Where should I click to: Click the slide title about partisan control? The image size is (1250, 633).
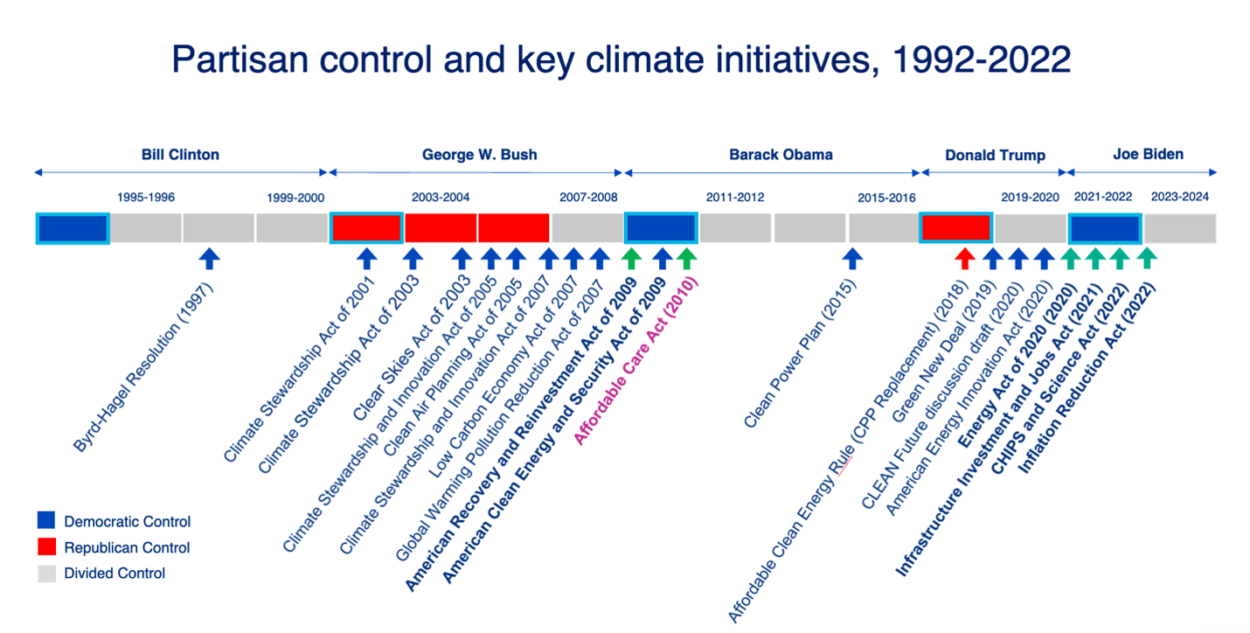pos(621,59)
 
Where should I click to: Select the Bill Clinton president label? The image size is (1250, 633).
pos(180,155)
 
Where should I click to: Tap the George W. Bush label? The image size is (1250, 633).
pos(479,155)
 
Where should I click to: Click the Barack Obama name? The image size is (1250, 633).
pos(781,155)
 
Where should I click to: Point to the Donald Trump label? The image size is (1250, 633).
pos(995,156)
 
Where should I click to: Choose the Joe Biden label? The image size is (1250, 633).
pos(1148,154)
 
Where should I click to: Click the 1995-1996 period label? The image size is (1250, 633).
pos(146,197)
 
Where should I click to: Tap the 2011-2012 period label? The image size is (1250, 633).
pos(735,197)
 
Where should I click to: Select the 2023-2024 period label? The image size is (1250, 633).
pos(1179,197)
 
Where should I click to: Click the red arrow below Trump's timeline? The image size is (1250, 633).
pos(964,258)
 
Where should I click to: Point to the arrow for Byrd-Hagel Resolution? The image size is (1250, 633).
pos(209,258)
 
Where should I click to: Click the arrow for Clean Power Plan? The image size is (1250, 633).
pos(852,258)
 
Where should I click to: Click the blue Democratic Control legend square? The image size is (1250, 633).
pos(46,521)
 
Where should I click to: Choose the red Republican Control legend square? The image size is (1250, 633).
pos(46,547)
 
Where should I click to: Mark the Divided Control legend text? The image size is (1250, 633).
pos(115,574)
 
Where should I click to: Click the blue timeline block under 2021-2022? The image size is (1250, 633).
pos(1105,228)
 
